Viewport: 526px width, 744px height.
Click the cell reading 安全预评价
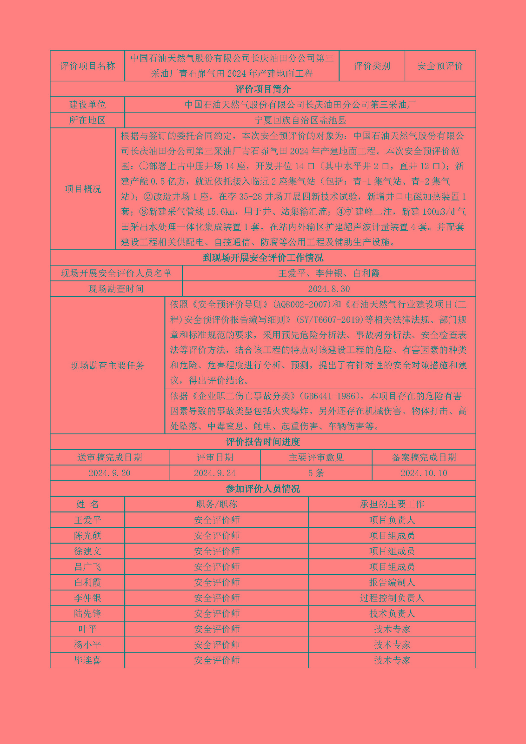[x=440, y=66]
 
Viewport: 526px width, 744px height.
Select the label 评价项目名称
[x=87, y=66]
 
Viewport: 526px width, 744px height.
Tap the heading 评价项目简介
[x=263, y=89]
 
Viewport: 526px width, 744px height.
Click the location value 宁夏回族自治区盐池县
[x=300, y=120]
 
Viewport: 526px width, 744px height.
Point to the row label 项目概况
[x=83, y=189]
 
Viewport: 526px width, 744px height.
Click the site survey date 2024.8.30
[x=329, y=289]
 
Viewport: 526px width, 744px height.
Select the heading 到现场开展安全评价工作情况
[x=263, y=258]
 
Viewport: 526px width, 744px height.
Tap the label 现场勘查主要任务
[x=107, y=365]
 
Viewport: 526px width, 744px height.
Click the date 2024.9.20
[x=109, y=473]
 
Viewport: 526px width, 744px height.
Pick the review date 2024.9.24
[x=214, y=473]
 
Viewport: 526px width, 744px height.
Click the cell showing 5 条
[x=316, y=473]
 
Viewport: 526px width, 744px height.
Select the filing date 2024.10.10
[x=424, y=473]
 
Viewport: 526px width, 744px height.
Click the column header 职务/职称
[x=217, y=505]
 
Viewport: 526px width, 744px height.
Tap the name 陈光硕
[x=87, y=536]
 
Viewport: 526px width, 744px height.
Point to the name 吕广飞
[x=87, y=567]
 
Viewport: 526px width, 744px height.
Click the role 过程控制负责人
[x=392, y=598]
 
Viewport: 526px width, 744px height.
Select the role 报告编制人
[x=392, y=583]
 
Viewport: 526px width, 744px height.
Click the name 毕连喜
[x=87, y=660]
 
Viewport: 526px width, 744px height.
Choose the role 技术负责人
[x=392, y=614]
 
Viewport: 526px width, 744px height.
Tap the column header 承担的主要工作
[x=392, y=505]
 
